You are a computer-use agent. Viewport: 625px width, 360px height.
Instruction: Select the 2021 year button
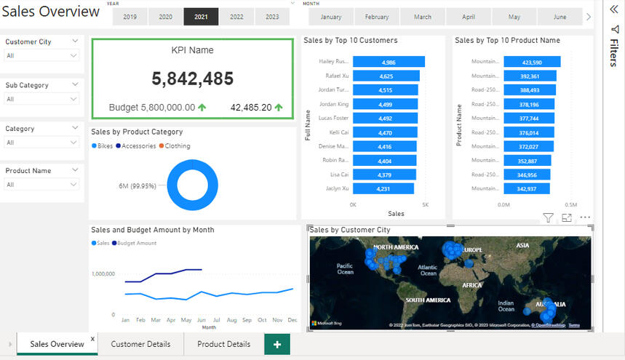(x=200, y=17)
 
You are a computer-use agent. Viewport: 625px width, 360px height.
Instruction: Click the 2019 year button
(x=130, y=17)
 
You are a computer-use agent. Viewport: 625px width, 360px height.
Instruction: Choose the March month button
(x=422, y=17)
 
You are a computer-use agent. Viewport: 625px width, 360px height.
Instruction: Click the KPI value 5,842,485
(x=192, y=79)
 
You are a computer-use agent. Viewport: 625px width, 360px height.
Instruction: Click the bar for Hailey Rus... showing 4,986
(x=388, y=63)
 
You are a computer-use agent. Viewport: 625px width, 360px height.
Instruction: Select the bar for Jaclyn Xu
(x=383, y=189)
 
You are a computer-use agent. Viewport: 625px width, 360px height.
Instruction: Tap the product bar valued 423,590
(x=531, y=63)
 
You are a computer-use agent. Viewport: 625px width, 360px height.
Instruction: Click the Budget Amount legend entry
(x=136, y=243)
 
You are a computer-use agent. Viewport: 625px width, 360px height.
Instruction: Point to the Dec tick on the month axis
(x=292, y=320)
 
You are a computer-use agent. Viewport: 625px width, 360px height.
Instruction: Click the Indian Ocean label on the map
(x=506, y=305)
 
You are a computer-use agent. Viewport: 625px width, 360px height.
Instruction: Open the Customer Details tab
(x=140, y=344)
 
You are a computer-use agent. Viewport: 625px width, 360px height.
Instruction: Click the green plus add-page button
(x=276, y=344)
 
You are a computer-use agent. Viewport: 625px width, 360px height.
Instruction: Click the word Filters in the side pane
(x=613, y=53)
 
